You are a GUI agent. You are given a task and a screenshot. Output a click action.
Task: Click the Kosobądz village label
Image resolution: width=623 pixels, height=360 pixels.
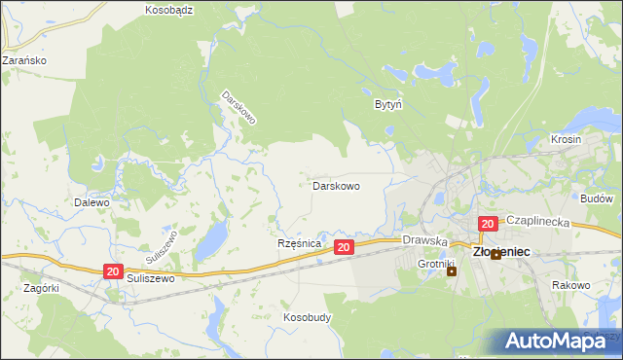(170, 10)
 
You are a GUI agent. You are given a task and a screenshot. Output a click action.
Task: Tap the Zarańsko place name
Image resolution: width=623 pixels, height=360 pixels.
(24, 59)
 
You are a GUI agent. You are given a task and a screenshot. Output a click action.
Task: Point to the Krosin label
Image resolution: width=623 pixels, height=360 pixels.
(566, 139)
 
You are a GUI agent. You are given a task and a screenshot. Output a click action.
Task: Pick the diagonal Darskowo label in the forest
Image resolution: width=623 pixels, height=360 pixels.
(238, 108)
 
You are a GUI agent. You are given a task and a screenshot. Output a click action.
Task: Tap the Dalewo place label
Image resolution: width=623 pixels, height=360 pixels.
(92, 203)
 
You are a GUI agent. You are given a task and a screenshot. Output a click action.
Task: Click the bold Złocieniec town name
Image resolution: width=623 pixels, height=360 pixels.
(501, 251)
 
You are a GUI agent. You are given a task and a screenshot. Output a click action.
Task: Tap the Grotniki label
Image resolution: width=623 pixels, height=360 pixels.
(437, 264)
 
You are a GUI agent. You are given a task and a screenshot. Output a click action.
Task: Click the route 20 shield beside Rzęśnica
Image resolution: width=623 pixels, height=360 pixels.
(343, 248)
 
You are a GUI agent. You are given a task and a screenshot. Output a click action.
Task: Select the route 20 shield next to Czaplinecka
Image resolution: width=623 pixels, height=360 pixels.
(488, 224)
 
